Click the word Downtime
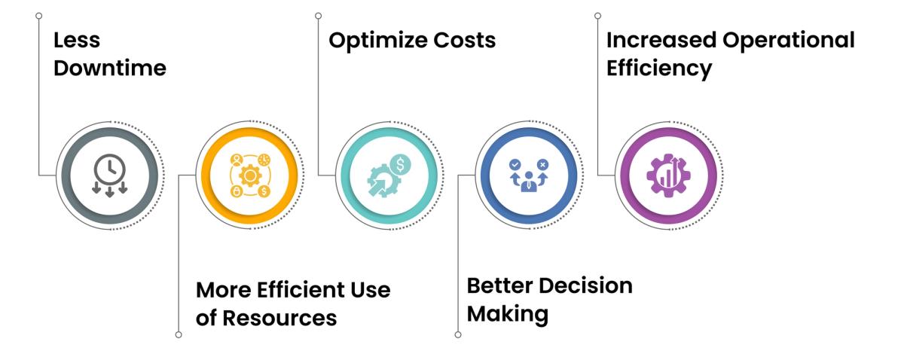pos(110,69)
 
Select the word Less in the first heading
pos(76,40)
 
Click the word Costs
pos(467,40)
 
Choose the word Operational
pos(790,40)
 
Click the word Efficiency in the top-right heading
pos(659,69)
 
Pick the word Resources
pos(280,318)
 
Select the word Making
pos(507,313)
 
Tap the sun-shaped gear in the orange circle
pos(248,175)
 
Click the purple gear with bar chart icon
pos(667,175)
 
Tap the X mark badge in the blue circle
pos(542,163)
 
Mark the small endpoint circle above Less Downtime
pos(38,15)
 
